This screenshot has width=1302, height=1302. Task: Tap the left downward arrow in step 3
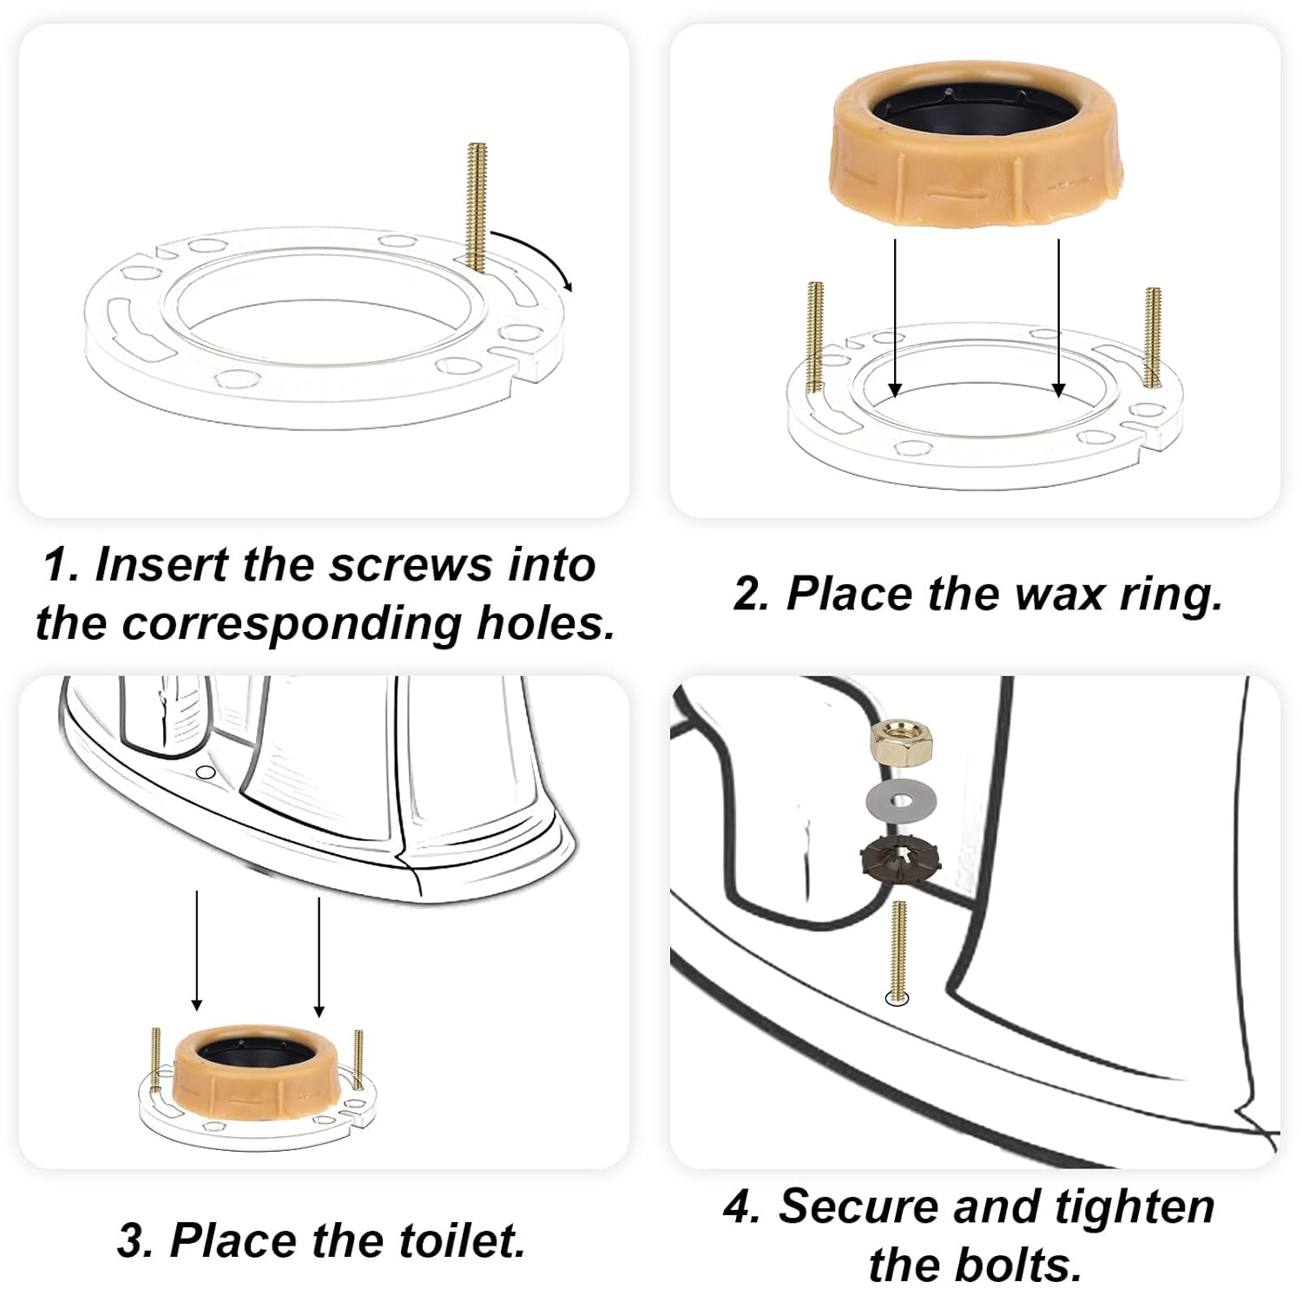pyautogui.click(x=197, y=950)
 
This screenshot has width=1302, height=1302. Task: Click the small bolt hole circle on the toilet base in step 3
pyautogui.click(x=206, y=772)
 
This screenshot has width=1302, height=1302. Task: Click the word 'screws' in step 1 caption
pyautogui.click(x=410, y=565)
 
